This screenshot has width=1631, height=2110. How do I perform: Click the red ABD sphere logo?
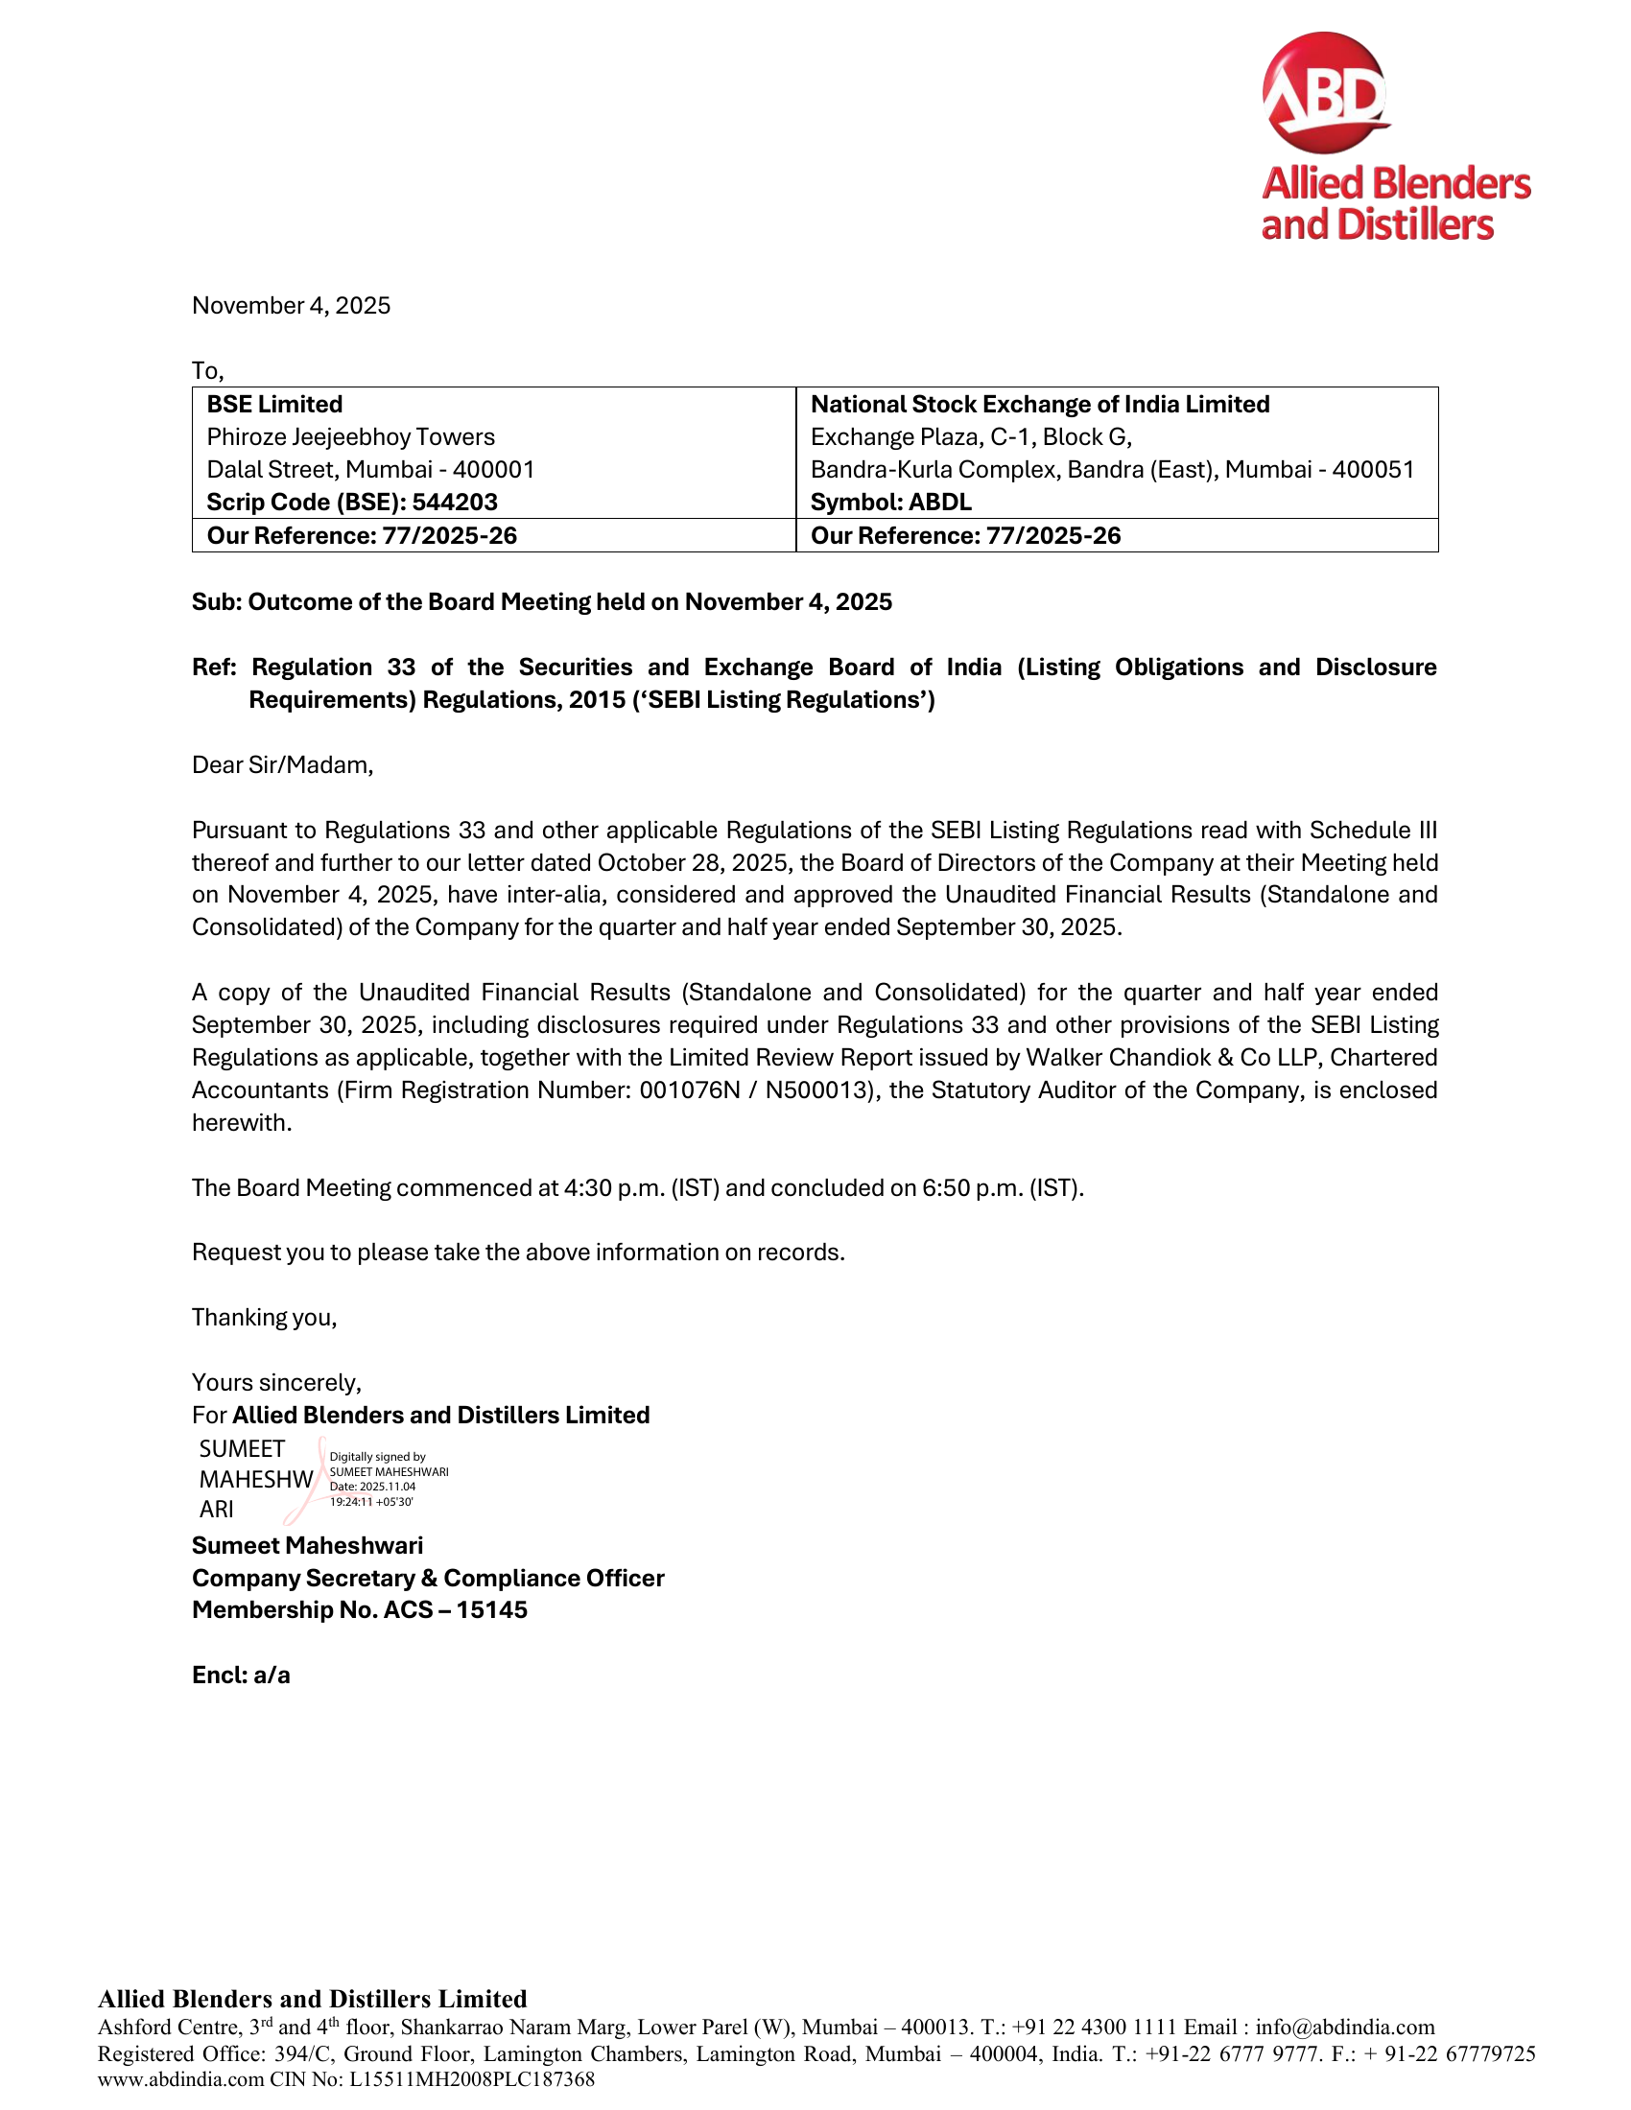(x=1325, y=93)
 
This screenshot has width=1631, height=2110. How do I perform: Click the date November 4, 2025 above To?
(x=291, y=305)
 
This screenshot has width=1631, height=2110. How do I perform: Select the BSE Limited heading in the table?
(x=274, y=404)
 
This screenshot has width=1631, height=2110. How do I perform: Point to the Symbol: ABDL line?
(x=890, y=503)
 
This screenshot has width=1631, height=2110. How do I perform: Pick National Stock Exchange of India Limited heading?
(x=1040, y=404)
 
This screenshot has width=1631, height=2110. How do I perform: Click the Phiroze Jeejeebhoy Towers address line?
(x=350, y=436)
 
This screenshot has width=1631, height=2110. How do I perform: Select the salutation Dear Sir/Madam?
(x=282, y=765)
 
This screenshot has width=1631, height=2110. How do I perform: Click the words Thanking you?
(x=264, y=1318)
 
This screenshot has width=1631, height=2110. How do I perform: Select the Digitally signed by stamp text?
(x=378, y=1456)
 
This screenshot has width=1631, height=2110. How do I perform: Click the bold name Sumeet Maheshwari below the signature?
(x=307, y=1546)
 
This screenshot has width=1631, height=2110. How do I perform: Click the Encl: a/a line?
(x=241, y=1676)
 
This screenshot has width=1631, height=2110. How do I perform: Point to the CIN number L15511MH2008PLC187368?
(x=471, y=2079)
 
